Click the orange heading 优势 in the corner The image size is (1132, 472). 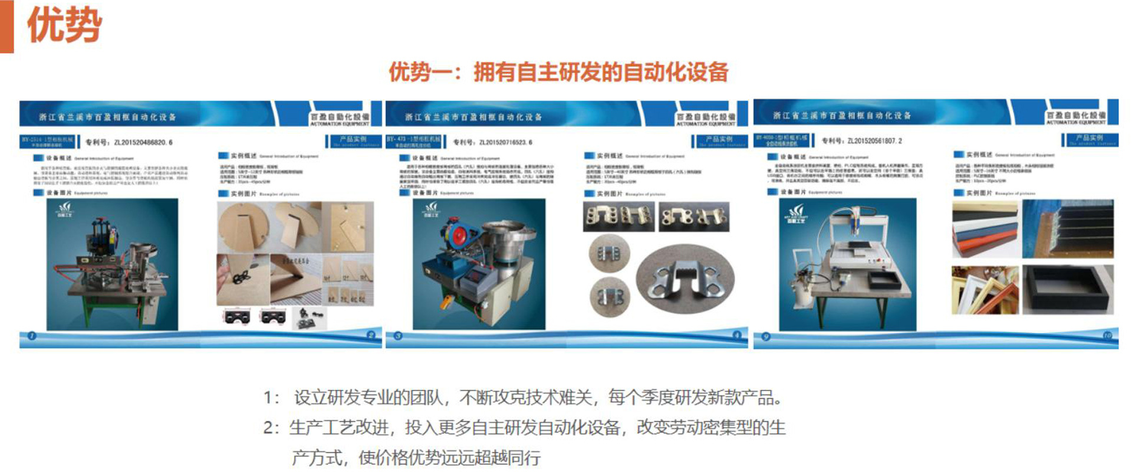click(64, 25)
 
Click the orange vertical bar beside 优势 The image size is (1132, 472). click(6, 26)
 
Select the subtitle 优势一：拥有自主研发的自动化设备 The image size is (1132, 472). click(558, 72)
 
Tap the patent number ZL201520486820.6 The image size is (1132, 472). click(143, 142)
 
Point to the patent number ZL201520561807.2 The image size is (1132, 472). click(874, 141)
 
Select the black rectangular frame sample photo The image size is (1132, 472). click(1067, 289)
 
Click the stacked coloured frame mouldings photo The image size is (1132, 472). click(985, 229)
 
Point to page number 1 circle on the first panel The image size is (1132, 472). click(31, 336)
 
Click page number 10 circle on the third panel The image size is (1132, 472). click(1107, 336)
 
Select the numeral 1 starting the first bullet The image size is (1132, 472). click(268, 398)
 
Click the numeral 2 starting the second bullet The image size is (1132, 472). click(268, 428)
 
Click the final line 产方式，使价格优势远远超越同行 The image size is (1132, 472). click(416, 457)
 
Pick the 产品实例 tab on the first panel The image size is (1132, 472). click(353, 141)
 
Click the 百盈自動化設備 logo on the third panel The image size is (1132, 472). click(1076, 117)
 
